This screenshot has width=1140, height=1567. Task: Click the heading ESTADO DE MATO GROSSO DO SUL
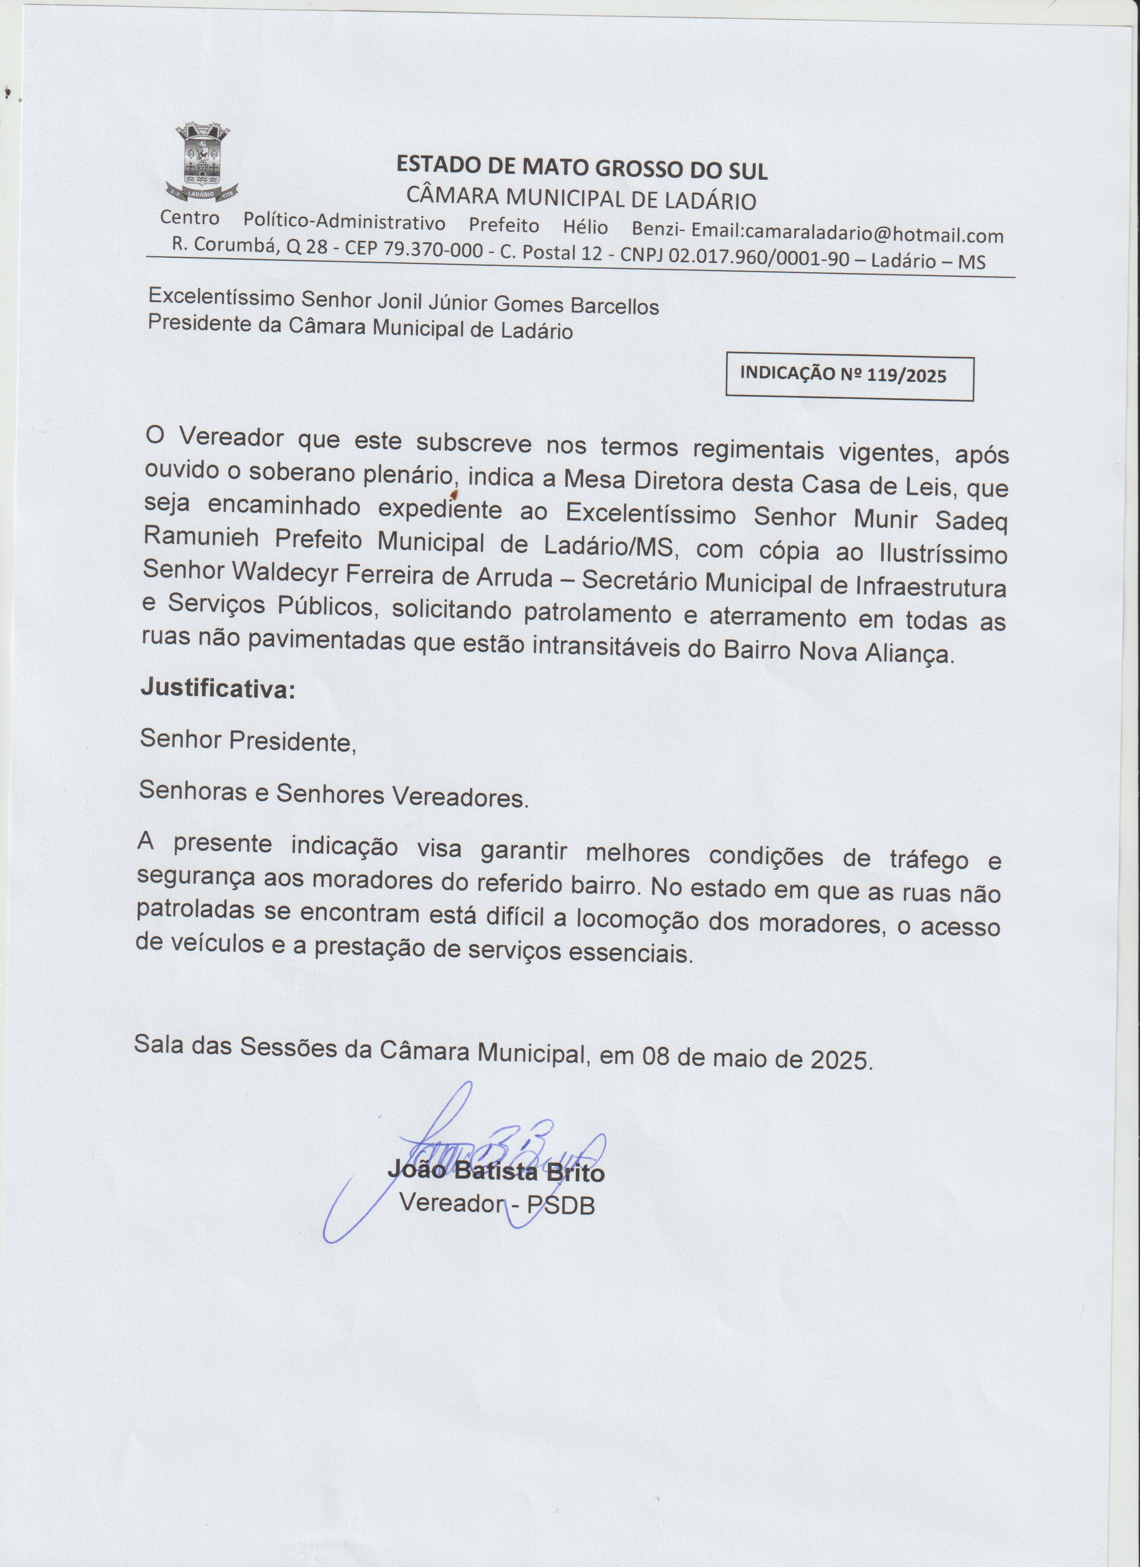tap(581, 168)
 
